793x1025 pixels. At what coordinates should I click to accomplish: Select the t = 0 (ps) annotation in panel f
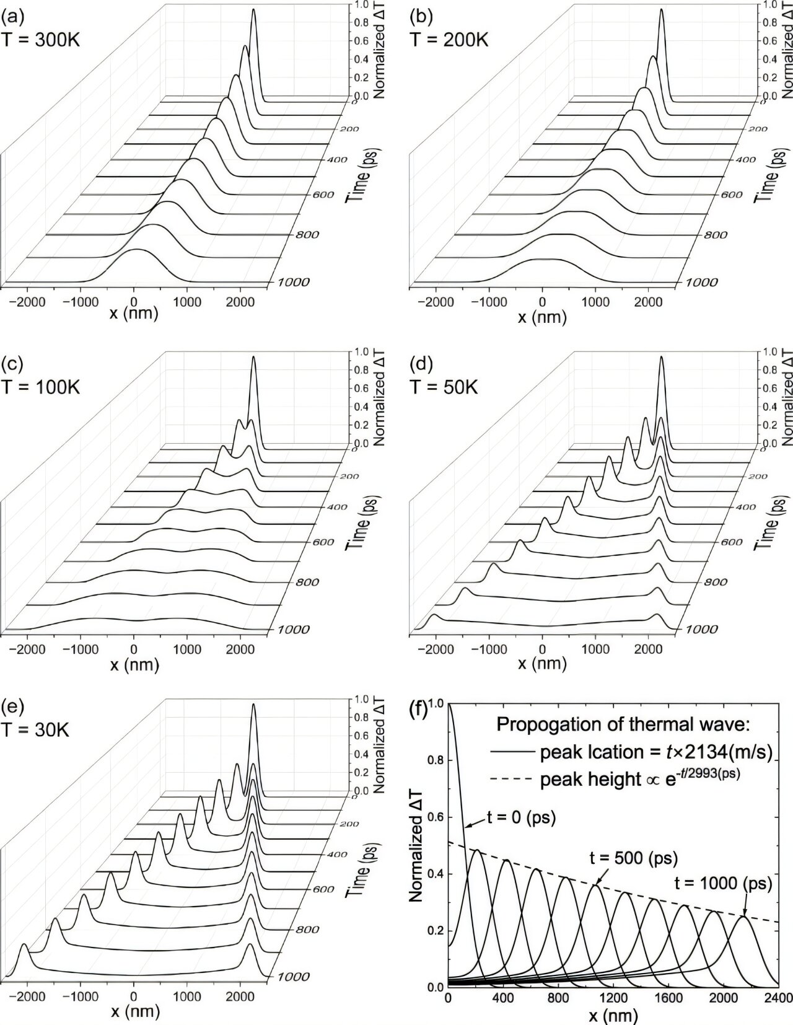pyautogui.click(x=521, y=817)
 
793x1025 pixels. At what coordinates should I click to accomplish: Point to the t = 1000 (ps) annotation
pyautogui.click(x=734, y=884)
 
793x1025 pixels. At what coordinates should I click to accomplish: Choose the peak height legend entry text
pyautogui.click(x=639, y=778)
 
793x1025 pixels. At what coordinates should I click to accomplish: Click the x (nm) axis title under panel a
pyautogui.click(x=134, y=314)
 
